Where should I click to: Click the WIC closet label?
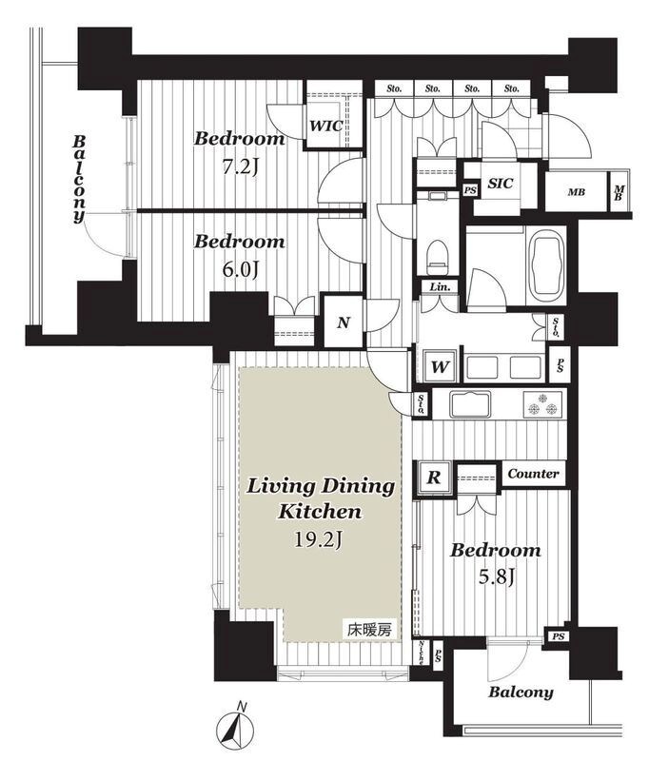326,127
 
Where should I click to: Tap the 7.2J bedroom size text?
240,167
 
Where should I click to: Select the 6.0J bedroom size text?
239,270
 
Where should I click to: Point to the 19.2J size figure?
319,538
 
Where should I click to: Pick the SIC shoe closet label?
500,184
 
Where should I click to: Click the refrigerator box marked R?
434,478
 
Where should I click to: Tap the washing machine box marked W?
440,366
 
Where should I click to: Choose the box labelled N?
344,322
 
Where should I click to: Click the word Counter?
533,474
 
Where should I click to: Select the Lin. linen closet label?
440,287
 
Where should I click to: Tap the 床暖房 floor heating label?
369,630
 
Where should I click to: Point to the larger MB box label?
576,192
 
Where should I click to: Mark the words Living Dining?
321,487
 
